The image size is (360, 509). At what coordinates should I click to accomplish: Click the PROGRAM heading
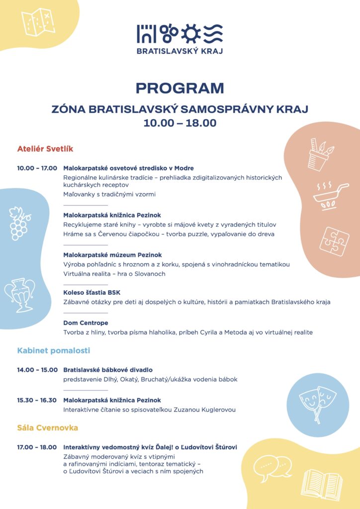(180, 88)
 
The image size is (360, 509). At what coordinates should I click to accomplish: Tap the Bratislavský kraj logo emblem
(180, 33)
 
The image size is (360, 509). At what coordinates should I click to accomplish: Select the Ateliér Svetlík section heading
(45, 149)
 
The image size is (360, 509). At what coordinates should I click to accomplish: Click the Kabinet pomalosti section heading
(54, 350)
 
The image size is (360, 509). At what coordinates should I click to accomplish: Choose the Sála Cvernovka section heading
(48, 427)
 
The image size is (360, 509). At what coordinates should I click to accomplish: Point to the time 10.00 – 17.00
(37, 168)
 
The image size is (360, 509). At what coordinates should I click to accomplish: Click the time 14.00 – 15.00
(37, 370)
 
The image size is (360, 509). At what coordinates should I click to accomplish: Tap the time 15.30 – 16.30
(37, 400)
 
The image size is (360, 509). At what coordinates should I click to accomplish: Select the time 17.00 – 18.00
(37, 447)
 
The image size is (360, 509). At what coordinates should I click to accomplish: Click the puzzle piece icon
(334, 242)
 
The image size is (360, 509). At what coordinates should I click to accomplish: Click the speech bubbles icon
(272, 466)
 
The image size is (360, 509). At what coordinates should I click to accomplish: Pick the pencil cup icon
(320, 155)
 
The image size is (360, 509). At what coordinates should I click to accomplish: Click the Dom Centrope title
(86, 323)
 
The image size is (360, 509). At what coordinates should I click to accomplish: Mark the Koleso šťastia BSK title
(92, 293)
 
